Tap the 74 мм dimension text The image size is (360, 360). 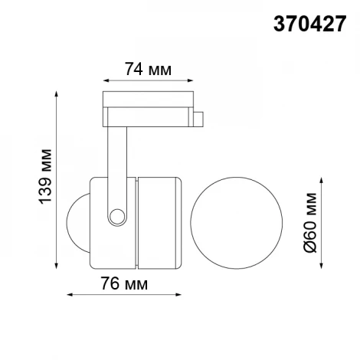coord(148,70)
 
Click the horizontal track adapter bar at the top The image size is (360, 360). coord(148,107)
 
